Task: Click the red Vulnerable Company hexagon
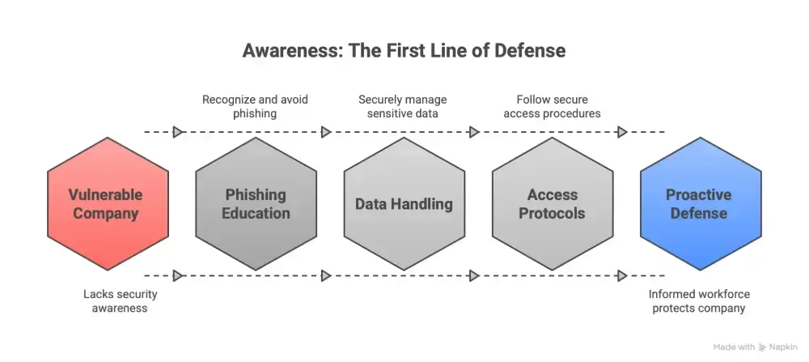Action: coord(108,204)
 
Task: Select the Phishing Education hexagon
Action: coord(256,204)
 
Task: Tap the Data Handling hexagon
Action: coord(404,204)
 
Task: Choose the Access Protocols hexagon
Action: coord(553,204)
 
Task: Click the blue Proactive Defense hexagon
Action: coord(701,204)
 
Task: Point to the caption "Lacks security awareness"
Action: coord(121,300)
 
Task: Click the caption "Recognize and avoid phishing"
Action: coord(255,107)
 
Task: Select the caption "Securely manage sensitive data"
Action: coord(403,107)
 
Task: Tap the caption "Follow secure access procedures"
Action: coord(552,107)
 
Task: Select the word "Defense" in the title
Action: coord(531,50)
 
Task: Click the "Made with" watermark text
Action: coord(735,347)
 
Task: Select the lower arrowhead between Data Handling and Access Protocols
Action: coord(474,276)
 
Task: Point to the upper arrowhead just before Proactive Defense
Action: coord(622,131)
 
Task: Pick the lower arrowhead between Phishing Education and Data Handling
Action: coord(326,276)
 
